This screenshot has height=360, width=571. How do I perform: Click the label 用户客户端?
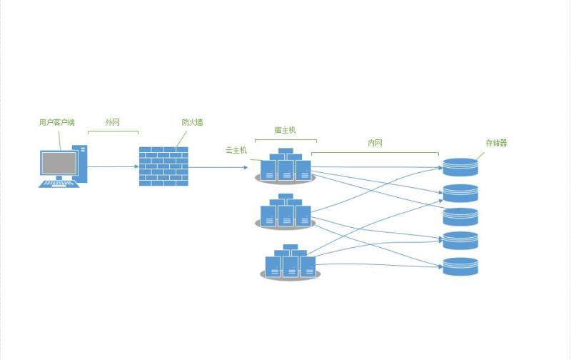click(x=56, y=123)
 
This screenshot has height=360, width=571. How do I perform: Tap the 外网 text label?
click(x=112, y=123)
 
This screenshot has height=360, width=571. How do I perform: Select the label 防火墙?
click(x=192, y=123)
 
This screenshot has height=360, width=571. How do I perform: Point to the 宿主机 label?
click(x=285, y=130)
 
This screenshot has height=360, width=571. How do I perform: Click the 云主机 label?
click(x=236, y=150)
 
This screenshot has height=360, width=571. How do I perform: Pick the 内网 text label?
click(x=375, y=143)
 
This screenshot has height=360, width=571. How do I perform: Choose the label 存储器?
click(x=496, y=143)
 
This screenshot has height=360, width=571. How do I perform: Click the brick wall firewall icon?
click(x=163, y=166)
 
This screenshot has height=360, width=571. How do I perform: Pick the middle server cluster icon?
click(x=285, y=211)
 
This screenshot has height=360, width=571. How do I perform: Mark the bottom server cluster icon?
click(x=290, y=262)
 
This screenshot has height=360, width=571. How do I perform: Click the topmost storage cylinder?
click(x=460, y=167)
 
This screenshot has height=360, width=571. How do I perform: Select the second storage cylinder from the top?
click(x=460, y=193)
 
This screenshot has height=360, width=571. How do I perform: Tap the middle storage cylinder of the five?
click(x=460, y=216)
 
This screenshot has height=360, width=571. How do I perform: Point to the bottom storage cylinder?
click(x=460, y=266)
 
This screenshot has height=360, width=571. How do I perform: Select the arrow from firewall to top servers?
click(x=218, y=168)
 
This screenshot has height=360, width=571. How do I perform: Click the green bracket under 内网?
click(x=375, y=153)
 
